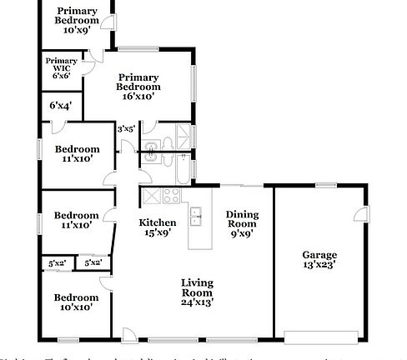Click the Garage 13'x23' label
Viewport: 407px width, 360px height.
(319, 259)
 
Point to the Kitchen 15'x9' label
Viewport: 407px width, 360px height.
(157, 227)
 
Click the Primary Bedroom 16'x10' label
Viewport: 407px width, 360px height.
(138, 87)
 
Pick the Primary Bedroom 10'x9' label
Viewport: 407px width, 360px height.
(77, 19)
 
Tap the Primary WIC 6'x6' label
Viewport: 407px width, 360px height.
(61, 67)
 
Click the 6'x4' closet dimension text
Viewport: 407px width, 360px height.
(60, 106)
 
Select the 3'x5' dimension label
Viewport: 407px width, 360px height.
(126, 128)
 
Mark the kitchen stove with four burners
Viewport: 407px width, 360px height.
(172, 197)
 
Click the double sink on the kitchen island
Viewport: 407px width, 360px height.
(197, 218)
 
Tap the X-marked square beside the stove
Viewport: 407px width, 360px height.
(152, 197)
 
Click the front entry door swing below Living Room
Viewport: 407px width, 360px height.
(129, 335)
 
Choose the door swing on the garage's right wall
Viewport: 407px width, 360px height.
(360, 215)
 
